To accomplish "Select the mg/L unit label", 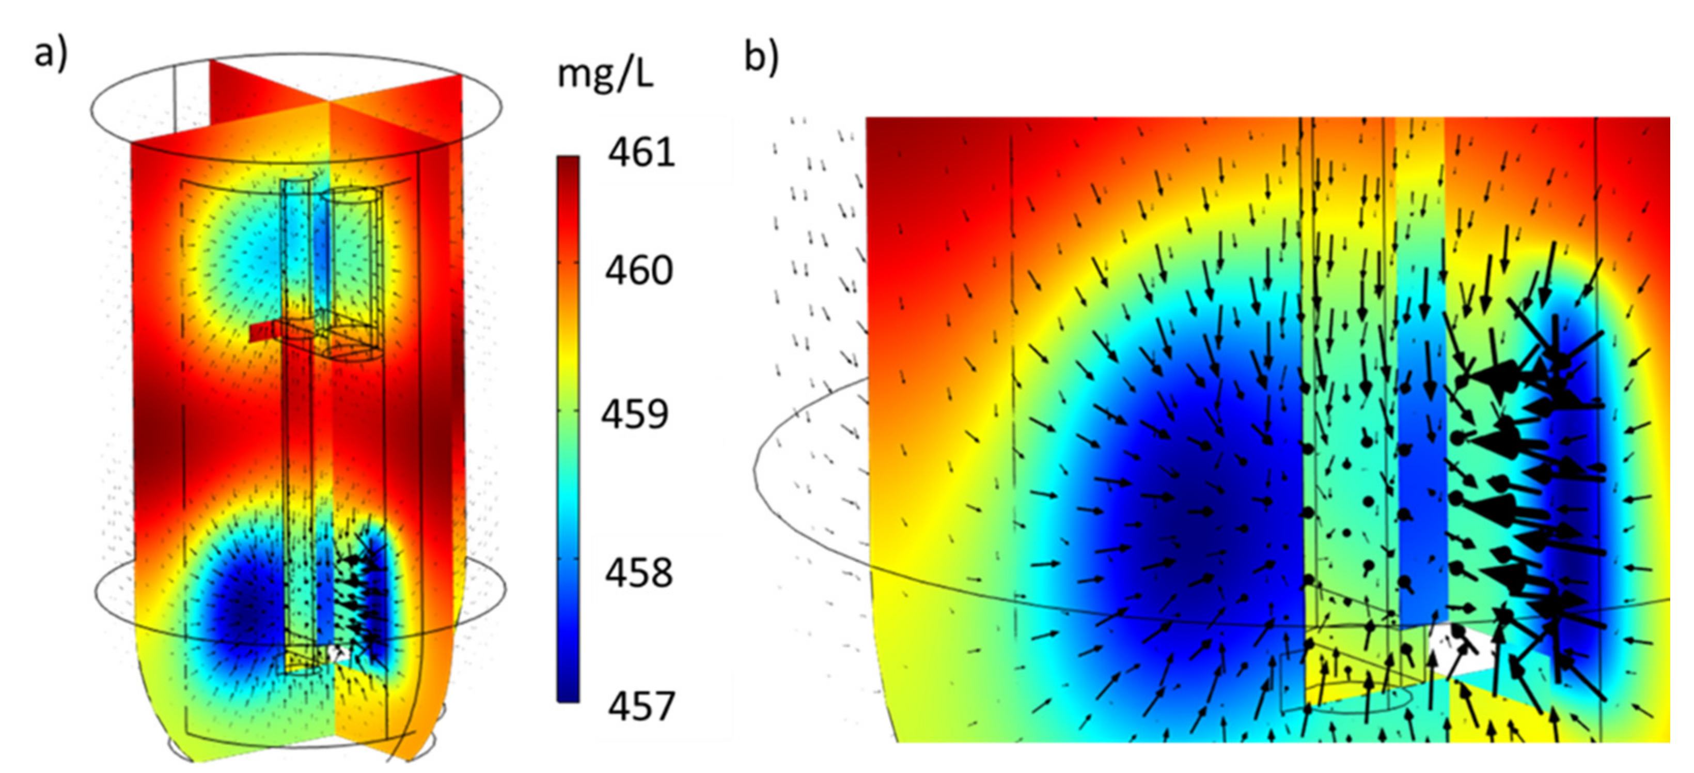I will pos(605,74).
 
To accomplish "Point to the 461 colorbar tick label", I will pos(640,152).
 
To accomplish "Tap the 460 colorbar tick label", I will pos(638,270).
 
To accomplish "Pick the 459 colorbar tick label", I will pos(635,414).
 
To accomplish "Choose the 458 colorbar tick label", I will pos(638,573).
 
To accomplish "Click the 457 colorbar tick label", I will pos(641,707).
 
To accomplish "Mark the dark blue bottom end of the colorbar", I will pos(568,694).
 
